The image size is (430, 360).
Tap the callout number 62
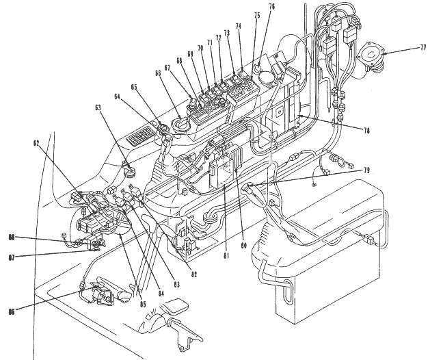point(36,144)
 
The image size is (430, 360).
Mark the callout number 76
point(271,7)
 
